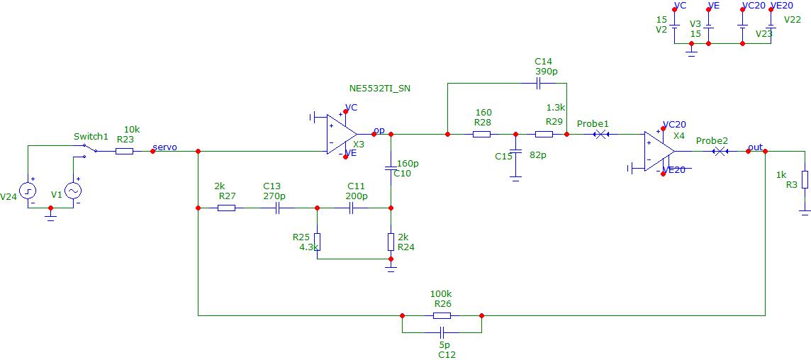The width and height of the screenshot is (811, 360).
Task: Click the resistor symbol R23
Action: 124,151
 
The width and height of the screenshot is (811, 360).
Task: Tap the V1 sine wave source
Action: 72,191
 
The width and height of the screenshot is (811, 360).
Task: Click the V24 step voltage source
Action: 28,191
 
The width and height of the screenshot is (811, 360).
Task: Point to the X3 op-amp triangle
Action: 341,134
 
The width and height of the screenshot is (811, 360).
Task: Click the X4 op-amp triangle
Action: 659,151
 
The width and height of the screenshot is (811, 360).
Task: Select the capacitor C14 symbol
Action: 539,84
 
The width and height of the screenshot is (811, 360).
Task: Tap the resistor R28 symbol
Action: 481,135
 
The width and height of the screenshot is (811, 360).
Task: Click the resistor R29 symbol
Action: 544,135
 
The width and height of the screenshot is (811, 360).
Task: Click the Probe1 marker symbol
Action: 600,135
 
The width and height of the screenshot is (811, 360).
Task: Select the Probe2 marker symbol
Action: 720,151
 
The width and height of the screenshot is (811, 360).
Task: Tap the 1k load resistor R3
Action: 805,179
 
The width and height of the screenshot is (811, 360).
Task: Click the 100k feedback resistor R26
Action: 442,315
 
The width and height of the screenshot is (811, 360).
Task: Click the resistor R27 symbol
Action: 226,208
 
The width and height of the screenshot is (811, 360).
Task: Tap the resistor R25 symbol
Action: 318,242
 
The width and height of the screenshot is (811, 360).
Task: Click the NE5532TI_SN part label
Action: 381,89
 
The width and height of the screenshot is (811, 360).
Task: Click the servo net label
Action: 165,147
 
